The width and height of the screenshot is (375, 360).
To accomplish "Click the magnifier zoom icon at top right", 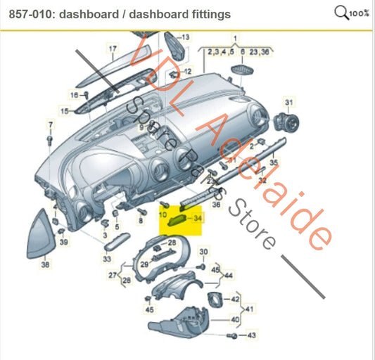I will coord(342,12).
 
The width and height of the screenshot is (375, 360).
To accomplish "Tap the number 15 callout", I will coord(65,111).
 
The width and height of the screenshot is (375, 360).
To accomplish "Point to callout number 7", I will coord(51,125).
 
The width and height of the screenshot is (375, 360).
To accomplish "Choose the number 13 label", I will coord(186,36).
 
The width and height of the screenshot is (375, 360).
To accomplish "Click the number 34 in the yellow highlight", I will coord(198,219).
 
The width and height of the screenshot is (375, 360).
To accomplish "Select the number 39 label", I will coord(64,242).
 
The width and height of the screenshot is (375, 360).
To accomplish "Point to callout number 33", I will coord(107,259).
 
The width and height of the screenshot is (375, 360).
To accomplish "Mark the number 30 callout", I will coord(204,252).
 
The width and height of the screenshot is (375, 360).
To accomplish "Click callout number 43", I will coord(252,336).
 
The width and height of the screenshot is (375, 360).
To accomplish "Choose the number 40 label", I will coord(235,319).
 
